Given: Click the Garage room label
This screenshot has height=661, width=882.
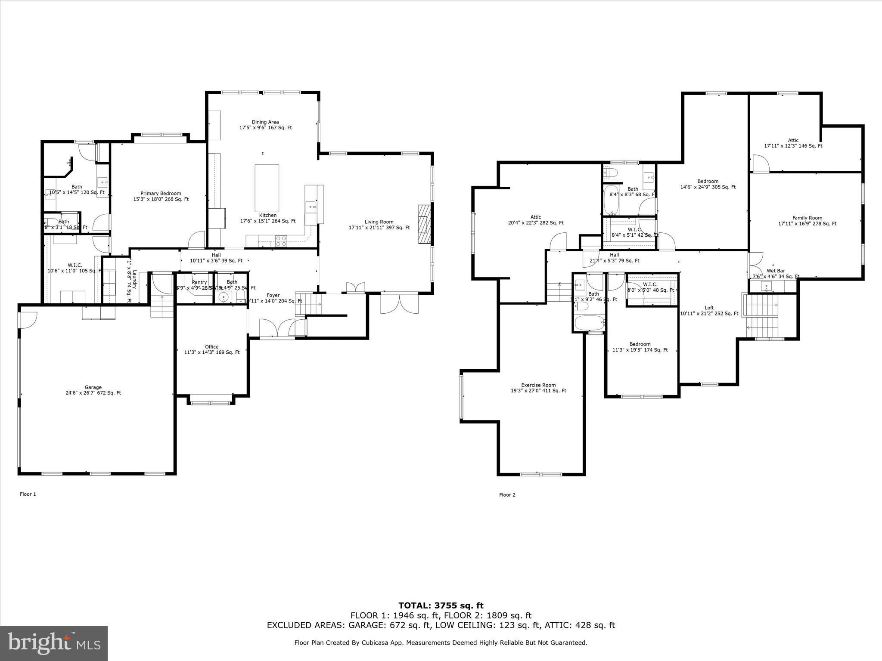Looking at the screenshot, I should pyautogui.click(x=93, y=390).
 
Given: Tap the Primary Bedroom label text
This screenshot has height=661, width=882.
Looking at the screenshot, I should pyautogui.click(x=161, y=196).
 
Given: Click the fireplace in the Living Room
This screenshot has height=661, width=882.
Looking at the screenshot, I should pyautogui.click(x=424, y=224).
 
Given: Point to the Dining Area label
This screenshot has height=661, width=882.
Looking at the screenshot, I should pyautogui.click(x=265, y=125).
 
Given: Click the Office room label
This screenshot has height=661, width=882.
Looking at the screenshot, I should pyautogui.click(x=211, y=349).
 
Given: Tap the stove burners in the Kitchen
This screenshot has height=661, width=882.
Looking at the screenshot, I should pyautogui.click(x=281, y=241).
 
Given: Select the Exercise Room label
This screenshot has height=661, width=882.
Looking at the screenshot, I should pyautogui.click(x=538, y=388).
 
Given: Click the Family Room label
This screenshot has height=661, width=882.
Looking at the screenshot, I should pyautogui.click(x=807, y=220).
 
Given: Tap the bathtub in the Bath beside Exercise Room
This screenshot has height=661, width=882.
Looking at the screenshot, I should pyautogui.click(x=589, y=323).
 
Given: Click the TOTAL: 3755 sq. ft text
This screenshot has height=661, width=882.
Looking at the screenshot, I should pyautogui.click(x=441, y=606).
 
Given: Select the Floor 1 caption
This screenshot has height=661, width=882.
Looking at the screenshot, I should pyautogui.click(x=28, y=494).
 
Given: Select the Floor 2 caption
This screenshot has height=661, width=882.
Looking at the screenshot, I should pyautogui.click(x=507, y=494).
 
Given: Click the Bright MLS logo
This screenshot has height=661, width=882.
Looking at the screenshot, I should pyautogui.click(x=54, y=643).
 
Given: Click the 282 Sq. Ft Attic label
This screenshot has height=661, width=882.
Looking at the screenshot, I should pyautogui.click(x=535, y=220).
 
